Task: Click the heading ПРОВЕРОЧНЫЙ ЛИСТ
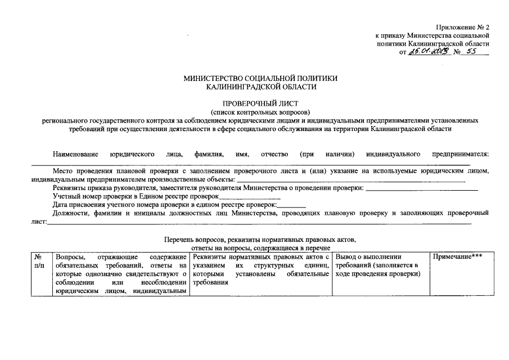[260, 103]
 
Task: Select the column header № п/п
[38, 261]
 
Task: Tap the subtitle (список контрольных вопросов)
[260, 112]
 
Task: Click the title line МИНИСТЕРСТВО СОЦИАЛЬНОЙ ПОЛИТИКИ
[260, 78]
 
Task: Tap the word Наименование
[76, 154]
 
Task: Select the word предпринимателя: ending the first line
[460, 154]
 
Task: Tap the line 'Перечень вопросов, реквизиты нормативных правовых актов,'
[260, 240]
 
